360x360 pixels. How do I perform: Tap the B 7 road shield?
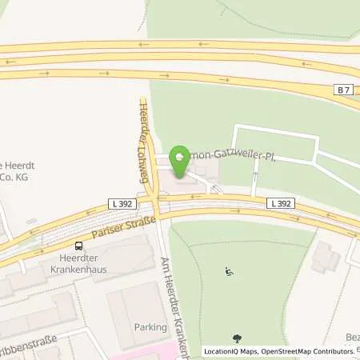pyautogui.click(x=342, y=90)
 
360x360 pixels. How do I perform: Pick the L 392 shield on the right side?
pyautogui.click(x=281, y=204)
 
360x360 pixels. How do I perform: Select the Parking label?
pyautogui.click(x=150, y=327)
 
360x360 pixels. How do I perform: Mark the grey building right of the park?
pyautogui.click(x=326, y=255)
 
